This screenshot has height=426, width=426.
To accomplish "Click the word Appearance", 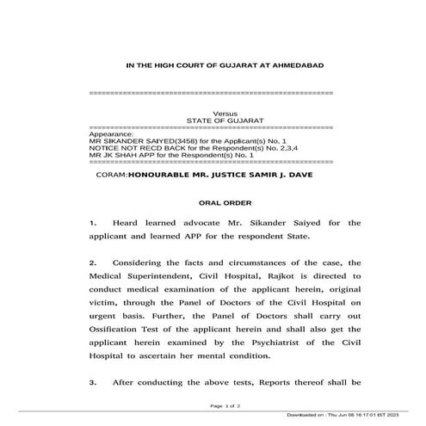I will coord(112,133).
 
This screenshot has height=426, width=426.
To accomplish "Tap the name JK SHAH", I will coord(124,154).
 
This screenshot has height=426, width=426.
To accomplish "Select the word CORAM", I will coord(113,175).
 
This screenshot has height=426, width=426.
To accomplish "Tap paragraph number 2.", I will coord(92,260).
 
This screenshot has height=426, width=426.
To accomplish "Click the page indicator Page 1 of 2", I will coord(226,404).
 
